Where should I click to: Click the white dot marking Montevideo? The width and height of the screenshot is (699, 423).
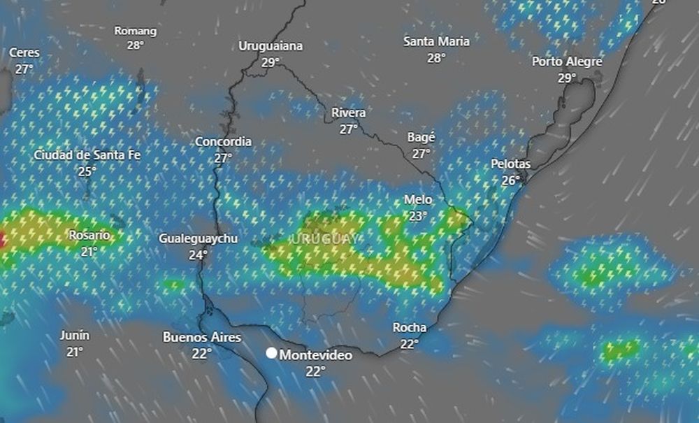pos(271,353)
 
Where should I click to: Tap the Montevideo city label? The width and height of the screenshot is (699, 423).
pos(316,355)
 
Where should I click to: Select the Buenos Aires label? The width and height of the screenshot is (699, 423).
pos(202,337)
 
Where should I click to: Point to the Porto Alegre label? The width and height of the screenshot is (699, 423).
pos(567,62)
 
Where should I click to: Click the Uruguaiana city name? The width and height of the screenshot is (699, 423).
pos(271,46)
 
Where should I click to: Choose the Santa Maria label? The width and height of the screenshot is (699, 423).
pos(436,41)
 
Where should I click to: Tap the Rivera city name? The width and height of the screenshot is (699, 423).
pos(349,113)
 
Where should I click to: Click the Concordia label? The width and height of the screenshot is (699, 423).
pos(223,142)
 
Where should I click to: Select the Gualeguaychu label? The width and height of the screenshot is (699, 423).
pos(198,238)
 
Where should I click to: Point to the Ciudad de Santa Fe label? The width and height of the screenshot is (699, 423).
pos(87,155)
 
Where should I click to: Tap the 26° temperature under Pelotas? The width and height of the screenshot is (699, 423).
pos(511,180)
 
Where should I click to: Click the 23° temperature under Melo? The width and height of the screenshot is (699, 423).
pos(418,216)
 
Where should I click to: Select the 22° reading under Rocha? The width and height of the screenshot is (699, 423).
pos(410,343)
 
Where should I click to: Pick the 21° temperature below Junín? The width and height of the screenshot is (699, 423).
pos(74,352)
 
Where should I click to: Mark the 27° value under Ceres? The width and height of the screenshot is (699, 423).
pos(24,69)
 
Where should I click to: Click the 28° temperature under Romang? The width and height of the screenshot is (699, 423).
pos(136,45)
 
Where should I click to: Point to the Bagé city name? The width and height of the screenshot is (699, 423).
pos(421,137)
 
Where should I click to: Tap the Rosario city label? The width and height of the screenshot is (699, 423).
pos(89,236)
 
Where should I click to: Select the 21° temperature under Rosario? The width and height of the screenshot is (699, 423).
pos(89,252)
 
